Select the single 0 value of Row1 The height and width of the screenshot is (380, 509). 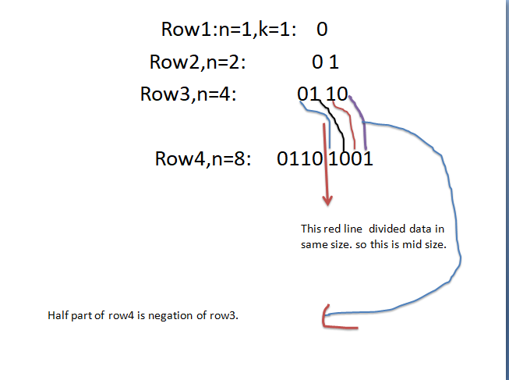click(322, 30)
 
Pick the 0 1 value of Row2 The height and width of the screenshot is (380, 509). click(325, 62)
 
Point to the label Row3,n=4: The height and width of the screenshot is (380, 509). click(187, 94)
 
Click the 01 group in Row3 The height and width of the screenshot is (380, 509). click(309, 94)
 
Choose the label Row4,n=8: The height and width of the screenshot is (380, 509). click(203, 159)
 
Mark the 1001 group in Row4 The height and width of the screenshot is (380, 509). click(352, 159)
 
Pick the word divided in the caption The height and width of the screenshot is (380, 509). click(385, 229)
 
